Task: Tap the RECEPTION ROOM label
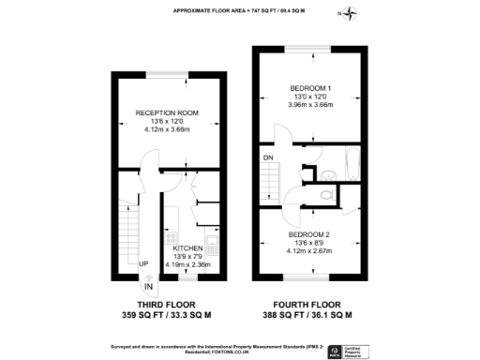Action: click(168, 112)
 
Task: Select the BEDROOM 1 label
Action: click(310, 88)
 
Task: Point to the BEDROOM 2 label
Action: click(308, 233)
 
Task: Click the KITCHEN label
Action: click(187, 247)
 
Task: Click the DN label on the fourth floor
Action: click(268, 157)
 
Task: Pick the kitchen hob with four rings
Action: click(212, 245)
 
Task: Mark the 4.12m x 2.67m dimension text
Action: click(308, 252)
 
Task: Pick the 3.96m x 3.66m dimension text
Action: click(310, 105)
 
